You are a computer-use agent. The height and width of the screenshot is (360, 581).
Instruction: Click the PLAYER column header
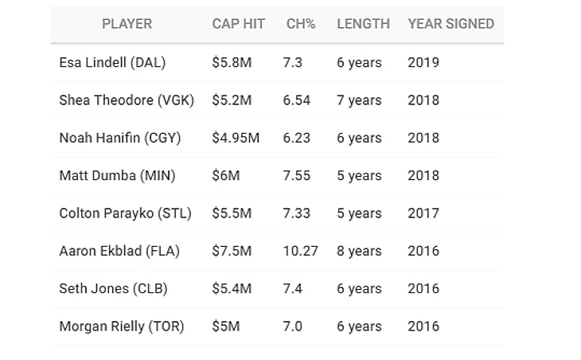click(127, 24)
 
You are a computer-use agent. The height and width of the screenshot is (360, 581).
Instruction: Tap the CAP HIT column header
click(239, 24)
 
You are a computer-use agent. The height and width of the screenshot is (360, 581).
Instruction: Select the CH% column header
click(301, 24)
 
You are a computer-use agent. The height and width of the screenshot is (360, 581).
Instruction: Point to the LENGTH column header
click(363, 24)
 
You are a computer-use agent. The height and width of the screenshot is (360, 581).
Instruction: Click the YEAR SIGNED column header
click(450, 24)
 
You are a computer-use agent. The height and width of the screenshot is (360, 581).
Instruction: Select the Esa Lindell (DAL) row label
click(111, 63)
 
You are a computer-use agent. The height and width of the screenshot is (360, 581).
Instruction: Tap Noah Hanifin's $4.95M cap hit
click(236, 138)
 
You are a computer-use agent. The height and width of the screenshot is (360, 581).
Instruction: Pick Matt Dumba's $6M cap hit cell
click(225, 175)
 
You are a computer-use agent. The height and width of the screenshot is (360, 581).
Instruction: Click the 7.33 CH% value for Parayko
click(297, 213)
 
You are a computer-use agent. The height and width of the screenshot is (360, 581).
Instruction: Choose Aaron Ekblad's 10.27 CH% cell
click(300, 251)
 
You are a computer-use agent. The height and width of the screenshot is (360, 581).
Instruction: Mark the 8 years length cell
click(359, 251)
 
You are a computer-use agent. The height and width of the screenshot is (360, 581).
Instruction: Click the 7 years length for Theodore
click(359, 100)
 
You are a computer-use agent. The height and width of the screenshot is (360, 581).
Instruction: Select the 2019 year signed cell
click(423, 63)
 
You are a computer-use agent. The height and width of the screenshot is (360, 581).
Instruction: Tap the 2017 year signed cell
click(423, 213)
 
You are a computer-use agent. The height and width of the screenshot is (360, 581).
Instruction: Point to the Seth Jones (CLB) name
click(113, 288)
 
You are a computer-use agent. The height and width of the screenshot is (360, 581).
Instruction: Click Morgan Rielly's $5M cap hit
click(225, 326)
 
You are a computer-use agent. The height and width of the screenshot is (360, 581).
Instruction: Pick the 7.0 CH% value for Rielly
click(292, 326)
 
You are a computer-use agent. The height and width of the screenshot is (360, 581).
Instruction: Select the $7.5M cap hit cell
click(232, 251)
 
